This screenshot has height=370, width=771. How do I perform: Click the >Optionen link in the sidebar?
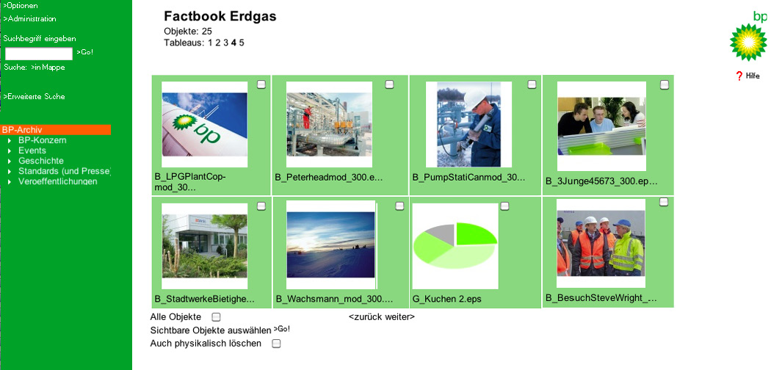click(20, 5)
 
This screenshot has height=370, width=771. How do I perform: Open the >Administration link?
click(29, 18)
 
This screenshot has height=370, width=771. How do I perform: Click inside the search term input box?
click(39, 54)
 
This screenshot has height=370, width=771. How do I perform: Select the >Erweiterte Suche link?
click(34, 96)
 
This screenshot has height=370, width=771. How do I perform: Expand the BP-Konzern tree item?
click(43, 140)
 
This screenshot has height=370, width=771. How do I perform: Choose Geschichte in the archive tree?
click(41, 161)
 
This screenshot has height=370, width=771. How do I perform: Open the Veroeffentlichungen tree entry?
click(57, 181)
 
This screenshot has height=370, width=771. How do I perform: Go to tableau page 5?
click(242, 43)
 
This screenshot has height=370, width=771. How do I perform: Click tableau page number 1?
click(210, 43)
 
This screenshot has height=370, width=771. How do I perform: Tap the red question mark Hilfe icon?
click(739, 76)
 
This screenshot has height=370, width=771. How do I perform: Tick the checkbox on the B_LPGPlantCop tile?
click(261, 84)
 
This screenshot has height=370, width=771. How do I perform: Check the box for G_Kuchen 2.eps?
click(504, 206)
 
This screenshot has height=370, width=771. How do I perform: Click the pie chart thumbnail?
click(455, 246)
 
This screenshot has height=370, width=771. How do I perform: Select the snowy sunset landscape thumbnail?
click(330, 244)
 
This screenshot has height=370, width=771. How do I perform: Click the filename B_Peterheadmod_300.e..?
click(328, 178)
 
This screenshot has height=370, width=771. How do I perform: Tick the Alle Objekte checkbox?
click(216, 317)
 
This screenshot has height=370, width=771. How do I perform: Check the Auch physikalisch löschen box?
click(276, 344)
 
